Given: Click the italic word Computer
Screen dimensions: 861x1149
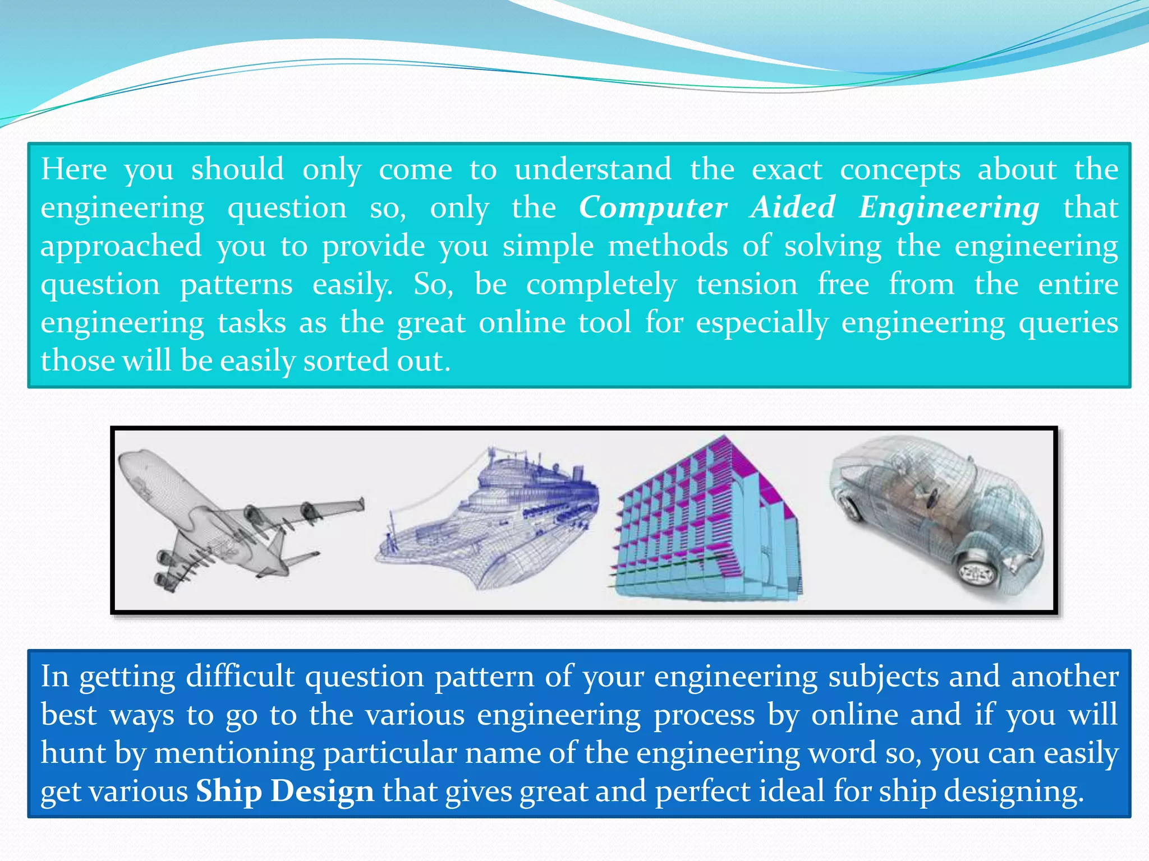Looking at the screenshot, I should pos(653,208).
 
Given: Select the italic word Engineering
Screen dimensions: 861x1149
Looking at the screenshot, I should pos(949,208).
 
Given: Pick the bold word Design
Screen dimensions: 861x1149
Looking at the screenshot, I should pos(323,791).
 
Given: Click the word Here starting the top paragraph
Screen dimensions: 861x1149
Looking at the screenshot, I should pos(73,169).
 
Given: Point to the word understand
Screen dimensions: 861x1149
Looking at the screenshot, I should pos(592,169).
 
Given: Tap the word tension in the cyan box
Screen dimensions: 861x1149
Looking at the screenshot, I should pos(747,284).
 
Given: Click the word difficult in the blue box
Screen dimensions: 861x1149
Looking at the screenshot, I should pos(240,676).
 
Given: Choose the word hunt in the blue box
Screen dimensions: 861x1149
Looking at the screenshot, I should pos(73,753).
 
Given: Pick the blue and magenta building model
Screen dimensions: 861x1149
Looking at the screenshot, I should pos(707,521).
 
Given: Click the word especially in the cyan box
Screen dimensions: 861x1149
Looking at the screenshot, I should pos(762,323).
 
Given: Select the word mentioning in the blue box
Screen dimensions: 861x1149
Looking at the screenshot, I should pos(235,753).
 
